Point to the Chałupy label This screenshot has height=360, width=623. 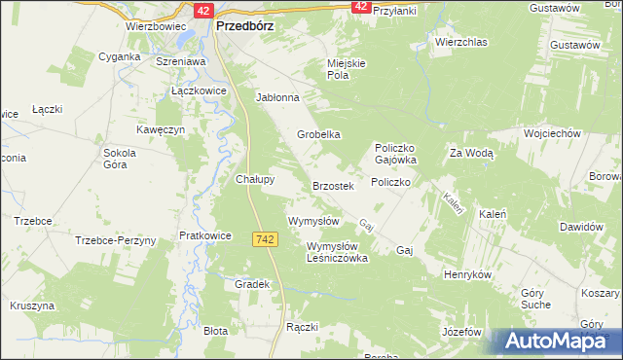pos(256,179)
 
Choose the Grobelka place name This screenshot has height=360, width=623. pos(318,134)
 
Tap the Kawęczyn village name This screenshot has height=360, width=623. pos(161,129)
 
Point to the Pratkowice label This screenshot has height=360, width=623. pos(204,235)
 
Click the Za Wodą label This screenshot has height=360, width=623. pos(472,153)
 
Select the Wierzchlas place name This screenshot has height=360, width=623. pos(460,43)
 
